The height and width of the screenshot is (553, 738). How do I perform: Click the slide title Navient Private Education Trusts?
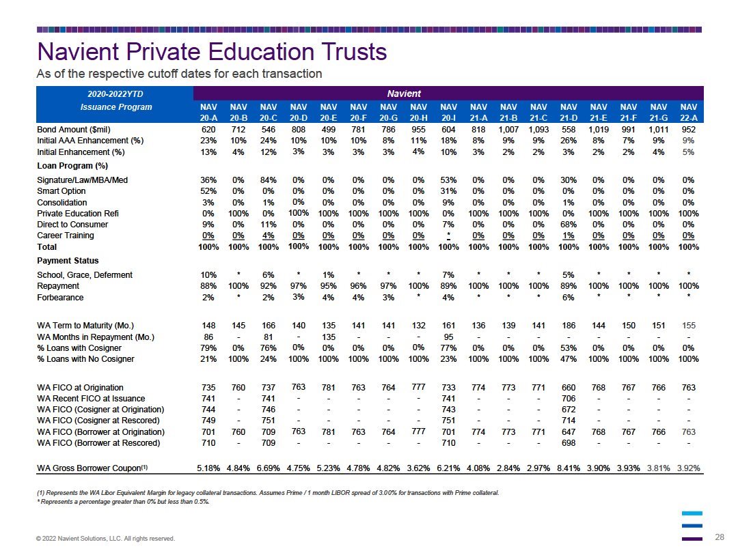pyautogui.click(x=212, y=52)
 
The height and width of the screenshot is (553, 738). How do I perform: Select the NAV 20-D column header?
pyautogui.click(x=299, y=113)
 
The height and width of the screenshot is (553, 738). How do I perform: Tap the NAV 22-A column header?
pyautogui.click(x=689, y=113)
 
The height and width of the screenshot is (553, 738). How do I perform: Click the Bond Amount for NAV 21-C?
pyautogui.click(x=538, y=129)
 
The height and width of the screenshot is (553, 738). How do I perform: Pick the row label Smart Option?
pyautogui.click(x=61, y=191)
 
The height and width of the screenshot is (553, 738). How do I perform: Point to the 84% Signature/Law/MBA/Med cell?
pyautogui.click(x=269, y=180)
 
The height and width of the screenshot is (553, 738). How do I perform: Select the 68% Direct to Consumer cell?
pyautogui.click(x=569, y=225)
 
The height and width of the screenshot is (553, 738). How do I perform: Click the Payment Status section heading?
pyautogui.click(x=68, y=261)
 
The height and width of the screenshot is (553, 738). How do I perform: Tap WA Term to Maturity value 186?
pyautogui.click(x=569, y=326)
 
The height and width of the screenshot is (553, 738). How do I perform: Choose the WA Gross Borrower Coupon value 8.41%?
pyautogui.click(x=569, y=468)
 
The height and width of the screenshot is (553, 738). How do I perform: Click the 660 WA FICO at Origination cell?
pyautogui.click(x=569, y=388)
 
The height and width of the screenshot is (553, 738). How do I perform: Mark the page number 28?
pyautogui.click(x=720, y=537)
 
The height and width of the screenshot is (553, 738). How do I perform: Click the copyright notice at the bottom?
pyautogui.click(x=105, y=539)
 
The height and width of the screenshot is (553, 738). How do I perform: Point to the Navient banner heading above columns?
pyautogui.click(x=404, y=94)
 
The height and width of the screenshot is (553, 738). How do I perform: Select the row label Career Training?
pyautogui.click(x=66, y=236)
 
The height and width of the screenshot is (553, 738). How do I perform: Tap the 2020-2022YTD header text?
pyautogui.click(x=115, y=94)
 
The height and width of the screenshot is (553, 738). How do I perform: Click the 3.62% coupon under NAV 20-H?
pyautogui.click(x=418, y=468)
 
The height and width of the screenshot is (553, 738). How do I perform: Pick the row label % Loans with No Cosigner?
pyautogui.click(x=85, y=359)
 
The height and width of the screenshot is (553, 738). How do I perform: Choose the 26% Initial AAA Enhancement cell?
pyautogui.click(x=569, y=141)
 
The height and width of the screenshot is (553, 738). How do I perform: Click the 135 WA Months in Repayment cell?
pyautogui.click(x=329, y=337)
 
